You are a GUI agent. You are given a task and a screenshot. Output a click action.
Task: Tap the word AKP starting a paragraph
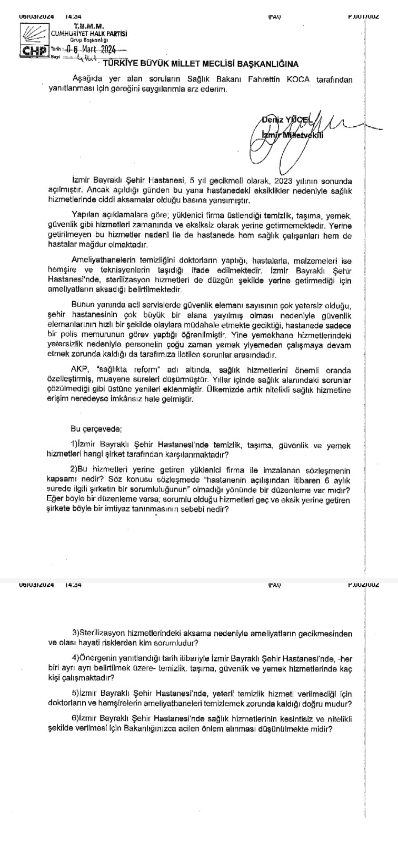79,368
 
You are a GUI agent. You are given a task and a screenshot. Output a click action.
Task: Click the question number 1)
74,445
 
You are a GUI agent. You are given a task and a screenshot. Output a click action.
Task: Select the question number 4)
75,658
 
